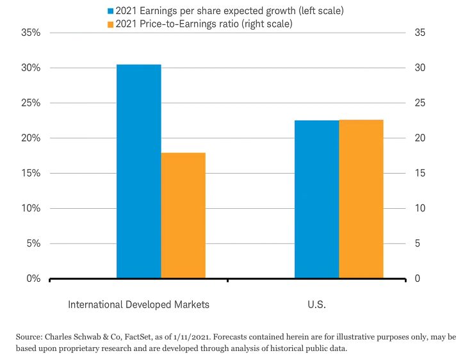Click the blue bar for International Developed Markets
point(138,172)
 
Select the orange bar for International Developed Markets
point(183,215)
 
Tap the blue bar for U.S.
point(316,199)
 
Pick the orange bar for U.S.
point(361,199)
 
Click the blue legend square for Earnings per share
point(111,11)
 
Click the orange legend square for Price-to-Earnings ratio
point(111,24)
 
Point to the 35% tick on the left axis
point(30,33)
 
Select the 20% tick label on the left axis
point(30,138)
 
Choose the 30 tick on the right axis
point(421,68)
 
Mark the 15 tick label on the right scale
point(421,174)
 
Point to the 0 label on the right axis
point(418,279)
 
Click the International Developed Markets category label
point(138,304)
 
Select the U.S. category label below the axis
point(316,304)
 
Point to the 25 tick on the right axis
point(421,103)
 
